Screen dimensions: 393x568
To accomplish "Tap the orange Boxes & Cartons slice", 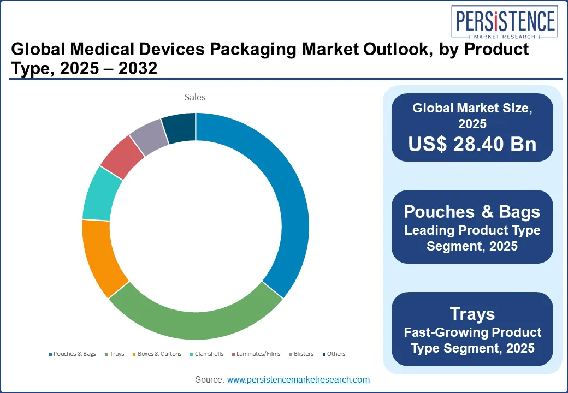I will click(x=98, y=257).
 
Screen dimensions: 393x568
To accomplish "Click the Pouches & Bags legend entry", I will click(x=74, y=354).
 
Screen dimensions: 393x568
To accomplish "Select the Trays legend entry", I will click(x=116, y=354).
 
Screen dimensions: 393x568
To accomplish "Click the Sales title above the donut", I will click(x=195, y=97).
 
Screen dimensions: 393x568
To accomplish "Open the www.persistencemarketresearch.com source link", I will click(x=298, y=379).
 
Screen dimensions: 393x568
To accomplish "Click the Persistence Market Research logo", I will click(x=504, y=25).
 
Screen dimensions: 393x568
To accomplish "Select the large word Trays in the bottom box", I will click(x=472, y=314).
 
